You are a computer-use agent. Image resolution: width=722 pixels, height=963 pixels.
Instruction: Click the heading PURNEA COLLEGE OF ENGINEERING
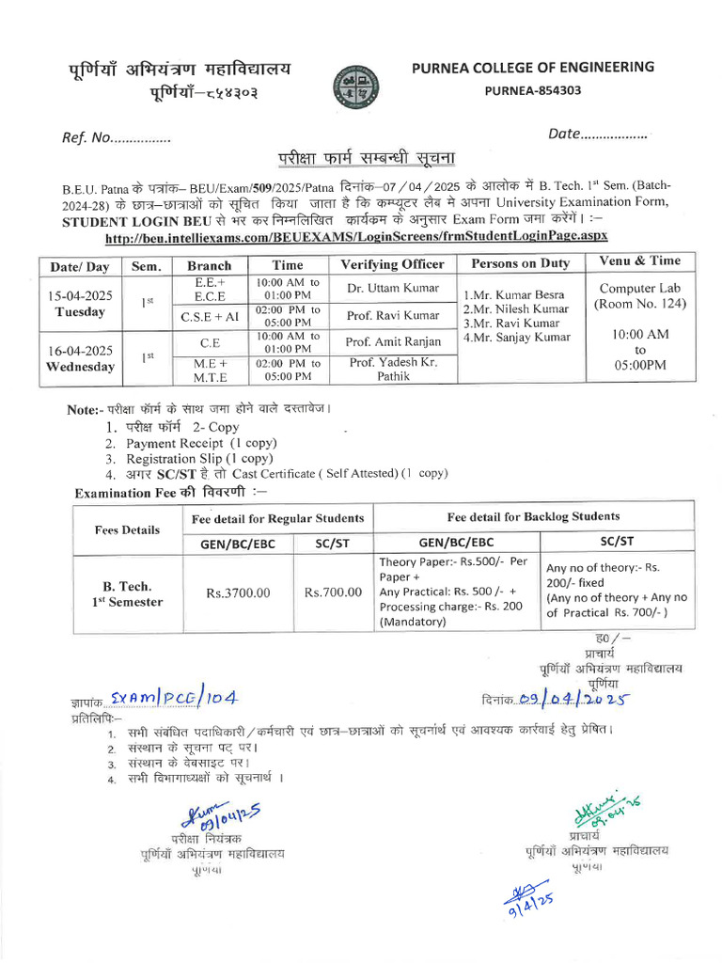click(x=533, y=67)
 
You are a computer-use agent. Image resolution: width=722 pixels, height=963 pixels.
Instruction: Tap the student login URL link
click(x=357, y=236)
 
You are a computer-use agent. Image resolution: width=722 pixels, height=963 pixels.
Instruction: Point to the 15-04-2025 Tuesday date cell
click(x=80, y=303)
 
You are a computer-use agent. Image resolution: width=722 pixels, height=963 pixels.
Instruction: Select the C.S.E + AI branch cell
click(x=211, y=316)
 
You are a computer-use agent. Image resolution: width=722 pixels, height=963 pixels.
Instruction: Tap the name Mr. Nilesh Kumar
click(x=515, y=308)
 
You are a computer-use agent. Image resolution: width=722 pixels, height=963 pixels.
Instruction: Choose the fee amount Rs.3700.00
click(x=238, y=592)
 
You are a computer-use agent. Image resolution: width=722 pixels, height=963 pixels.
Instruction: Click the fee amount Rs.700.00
click(x=333, y=592)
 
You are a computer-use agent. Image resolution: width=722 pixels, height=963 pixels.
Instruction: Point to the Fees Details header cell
click(x=128, y=529)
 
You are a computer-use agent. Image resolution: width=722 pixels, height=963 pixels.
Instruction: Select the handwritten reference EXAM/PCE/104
click(x=173, y=697)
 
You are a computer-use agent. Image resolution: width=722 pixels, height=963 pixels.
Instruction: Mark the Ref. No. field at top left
click(x=117, y=138)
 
